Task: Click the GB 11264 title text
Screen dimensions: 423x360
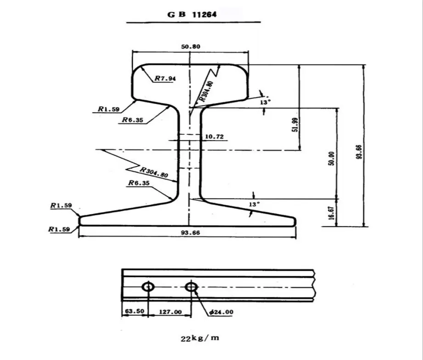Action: pos(192,14)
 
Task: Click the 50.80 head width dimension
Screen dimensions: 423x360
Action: pos(191,46)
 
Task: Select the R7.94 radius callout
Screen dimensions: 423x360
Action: pos(165,78)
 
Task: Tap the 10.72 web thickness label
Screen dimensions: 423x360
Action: pos(214,137)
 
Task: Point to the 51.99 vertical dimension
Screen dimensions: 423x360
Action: pos(295,125)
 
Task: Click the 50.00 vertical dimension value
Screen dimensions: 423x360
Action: pos(332,159)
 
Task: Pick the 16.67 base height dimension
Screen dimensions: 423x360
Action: pos(332,213)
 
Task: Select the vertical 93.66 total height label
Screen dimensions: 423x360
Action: pos(359,152)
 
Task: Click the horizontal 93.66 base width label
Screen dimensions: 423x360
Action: pos(191,233)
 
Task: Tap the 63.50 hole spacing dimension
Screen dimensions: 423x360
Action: pos(135,311)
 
